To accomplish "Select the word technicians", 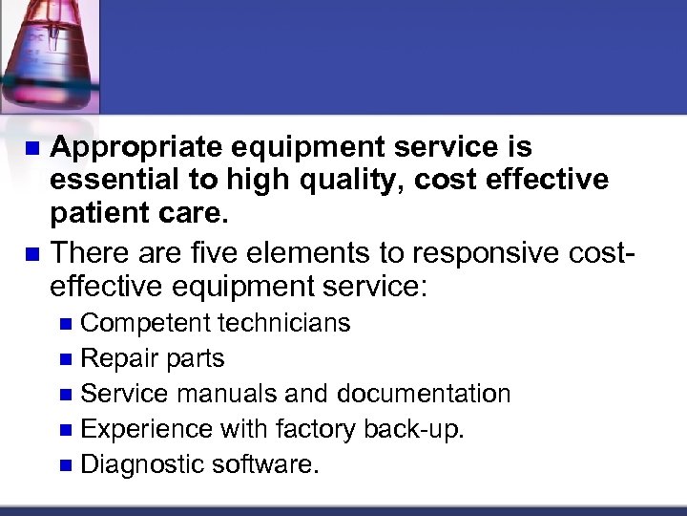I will click(x=284, y=323).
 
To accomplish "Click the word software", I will click(x=267, y=464).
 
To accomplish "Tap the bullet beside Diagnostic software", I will click(x=65, y=465).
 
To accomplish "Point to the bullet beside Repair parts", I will click(x=65, y=359).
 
